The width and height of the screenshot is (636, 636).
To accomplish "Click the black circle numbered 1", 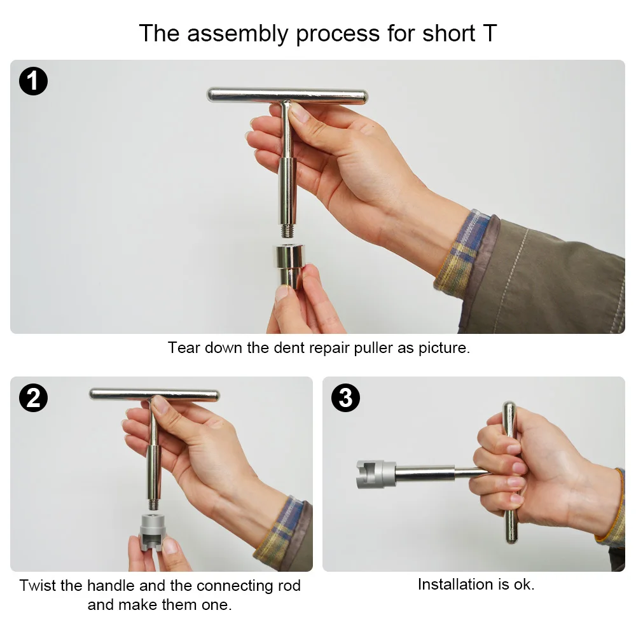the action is [33, 81].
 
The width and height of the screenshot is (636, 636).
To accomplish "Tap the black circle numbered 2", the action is [33, 398].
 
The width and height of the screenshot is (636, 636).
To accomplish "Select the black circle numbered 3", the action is [345, 398].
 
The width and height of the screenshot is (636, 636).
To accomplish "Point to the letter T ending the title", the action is [490, 33].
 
